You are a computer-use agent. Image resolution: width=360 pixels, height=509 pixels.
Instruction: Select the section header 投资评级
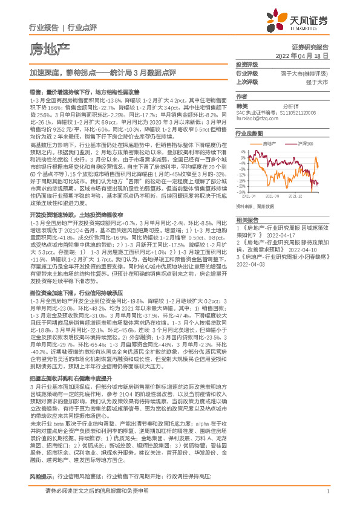click(x=246, y=64)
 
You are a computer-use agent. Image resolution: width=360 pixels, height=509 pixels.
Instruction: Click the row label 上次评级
click(x=246, y=82)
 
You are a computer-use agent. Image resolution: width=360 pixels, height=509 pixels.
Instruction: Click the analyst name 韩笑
click(x=242, y=105)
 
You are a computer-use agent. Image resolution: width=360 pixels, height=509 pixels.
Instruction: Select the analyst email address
click(x=254, y=118)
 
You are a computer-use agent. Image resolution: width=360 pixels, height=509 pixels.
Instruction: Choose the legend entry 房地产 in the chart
click(x=270, y=143)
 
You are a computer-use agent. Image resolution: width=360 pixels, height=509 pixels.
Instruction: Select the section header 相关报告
click(x=246, y=220)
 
